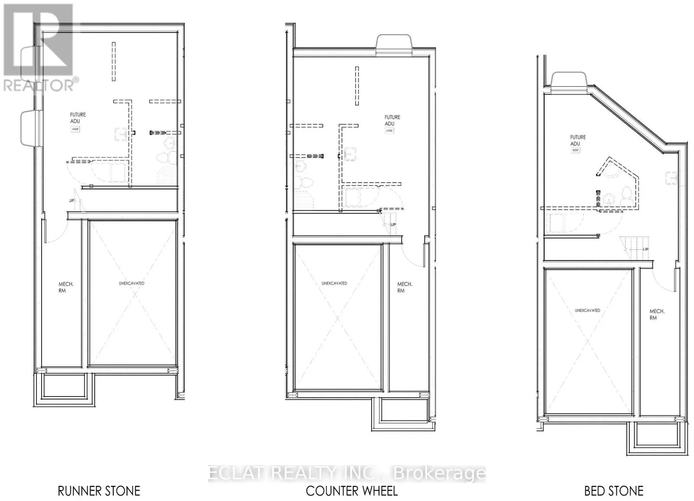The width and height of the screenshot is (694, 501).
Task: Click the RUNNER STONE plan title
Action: pyautogui.click(x=99, y=491)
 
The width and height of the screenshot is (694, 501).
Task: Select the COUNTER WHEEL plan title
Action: pyautogui.click(x=351, y=491)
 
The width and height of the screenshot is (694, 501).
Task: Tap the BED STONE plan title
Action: pyautogui.click(x=613, y=491)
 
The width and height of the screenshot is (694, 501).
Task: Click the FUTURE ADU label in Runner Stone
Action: pyautogui.click(x=78, y=118)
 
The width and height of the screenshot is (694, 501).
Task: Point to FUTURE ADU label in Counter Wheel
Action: pyautogui.click(x=392, y=121)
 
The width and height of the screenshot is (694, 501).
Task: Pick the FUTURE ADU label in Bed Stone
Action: pyautogui.click(x=578, y=141)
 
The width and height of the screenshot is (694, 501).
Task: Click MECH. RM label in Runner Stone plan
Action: pyautogui.click(x=66, y=287)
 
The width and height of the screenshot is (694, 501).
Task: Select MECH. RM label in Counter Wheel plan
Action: pyautogui.click(x=405, y=287)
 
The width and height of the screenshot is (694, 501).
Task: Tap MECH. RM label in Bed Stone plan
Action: pyautogui.click(x=657, y=314)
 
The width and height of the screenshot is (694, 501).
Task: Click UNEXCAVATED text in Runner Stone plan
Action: pyautogui.click(x=131, y=283)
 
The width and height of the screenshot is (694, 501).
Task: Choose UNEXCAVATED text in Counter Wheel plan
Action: pyautogui.click(x=334, y=283)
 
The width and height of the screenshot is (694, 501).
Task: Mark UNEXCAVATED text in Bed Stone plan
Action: pyautogui.click(x=587, y=311)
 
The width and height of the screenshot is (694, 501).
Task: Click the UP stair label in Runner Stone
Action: pyautogui.click(x=72, y=201)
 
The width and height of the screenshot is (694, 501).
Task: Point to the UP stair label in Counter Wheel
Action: pyautogui.click(x=393, y=225)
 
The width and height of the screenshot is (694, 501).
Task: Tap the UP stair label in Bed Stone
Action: pyautogui.click(x=645, y=249)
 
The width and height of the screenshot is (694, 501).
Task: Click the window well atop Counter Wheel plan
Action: pyautogui.click(x=394, y=45)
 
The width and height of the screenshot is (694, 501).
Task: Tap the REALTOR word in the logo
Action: pyautogui.click(x=39, y=85)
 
